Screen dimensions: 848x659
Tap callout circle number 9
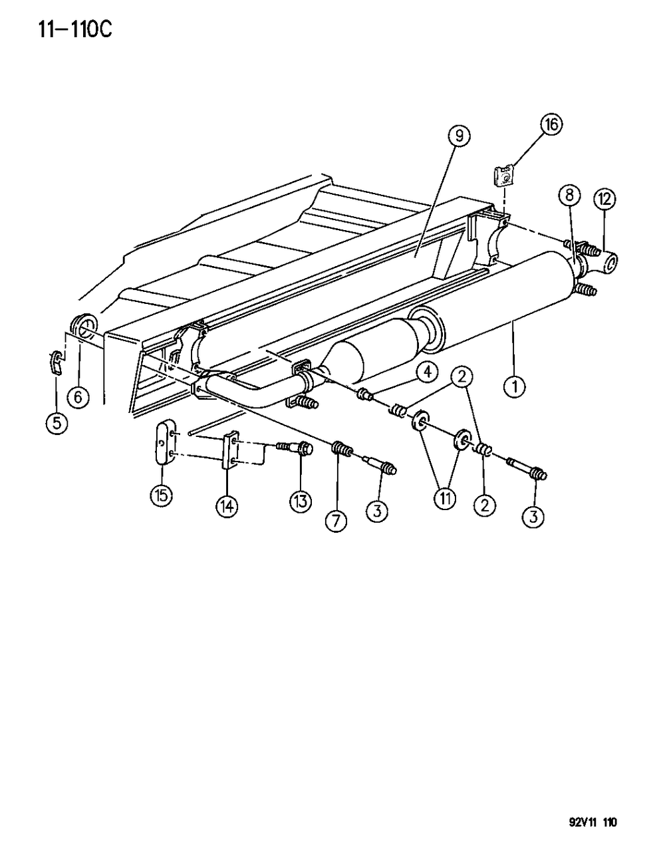(459, 136)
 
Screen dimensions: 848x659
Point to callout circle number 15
(162, 494)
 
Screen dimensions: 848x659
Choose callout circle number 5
(57, 423)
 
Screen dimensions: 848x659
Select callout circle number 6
(78, 397)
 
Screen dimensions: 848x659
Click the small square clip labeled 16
(503, 178)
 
